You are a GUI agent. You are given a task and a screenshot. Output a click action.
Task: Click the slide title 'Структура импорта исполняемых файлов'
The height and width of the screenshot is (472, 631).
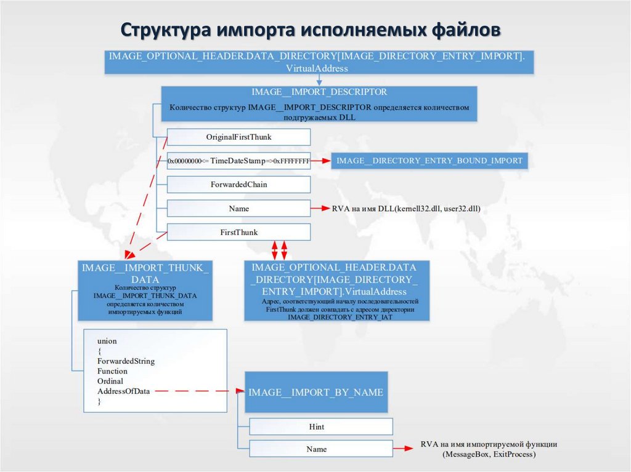coord(311,30)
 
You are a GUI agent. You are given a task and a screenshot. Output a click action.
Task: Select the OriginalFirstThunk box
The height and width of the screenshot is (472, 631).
coord(238,137)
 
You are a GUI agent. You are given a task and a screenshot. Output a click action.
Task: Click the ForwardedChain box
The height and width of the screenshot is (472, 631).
coord(238,185)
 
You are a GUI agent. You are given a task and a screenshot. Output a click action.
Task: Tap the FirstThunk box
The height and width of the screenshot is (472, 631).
coord(238,233)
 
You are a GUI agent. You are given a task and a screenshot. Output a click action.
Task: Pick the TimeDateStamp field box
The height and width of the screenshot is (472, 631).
coord(238,161)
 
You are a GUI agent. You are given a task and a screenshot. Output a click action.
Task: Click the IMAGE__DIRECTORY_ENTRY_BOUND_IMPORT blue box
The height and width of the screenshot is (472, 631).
coord(429,161)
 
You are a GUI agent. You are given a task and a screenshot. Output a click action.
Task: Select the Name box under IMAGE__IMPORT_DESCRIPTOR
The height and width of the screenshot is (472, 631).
coord(238,209)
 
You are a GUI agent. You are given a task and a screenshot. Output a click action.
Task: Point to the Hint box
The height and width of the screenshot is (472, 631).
coord(320,426)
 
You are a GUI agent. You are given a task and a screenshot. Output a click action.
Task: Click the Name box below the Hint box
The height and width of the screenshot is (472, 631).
coord(320,449)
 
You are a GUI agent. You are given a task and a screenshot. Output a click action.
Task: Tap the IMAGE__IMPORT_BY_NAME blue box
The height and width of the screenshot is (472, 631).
coord(316,392)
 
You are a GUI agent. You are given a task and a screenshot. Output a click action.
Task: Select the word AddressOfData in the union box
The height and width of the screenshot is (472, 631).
coord(123,391)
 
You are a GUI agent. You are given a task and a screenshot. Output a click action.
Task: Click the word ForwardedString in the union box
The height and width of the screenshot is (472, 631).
coord(126,361)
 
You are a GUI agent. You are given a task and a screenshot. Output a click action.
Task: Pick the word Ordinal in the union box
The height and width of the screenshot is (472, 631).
coord(110,382)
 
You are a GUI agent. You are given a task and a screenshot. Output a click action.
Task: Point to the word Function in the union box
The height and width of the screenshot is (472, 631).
coord(112,371)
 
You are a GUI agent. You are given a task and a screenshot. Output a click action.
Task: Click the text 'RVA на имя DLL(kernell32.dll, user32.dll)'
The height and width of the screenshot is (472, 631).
coord(405,209)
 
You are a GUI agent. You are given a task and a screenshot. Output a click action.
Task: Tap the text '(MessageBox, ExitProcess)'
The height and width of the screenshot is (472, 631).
coord(489,455)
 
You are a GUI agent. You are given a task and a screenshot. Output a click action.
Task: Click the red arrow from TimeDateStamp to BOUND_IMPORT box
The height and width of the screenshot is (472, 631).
coord(320,161)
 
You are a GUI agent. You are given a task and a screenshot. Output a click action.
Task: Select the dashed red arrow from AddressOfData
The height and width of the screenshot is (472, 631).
coord(197,391)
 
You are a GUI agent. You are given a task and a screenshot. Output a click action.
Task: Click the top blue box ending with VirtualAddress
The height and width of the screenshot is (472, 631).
coord(318,62)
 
